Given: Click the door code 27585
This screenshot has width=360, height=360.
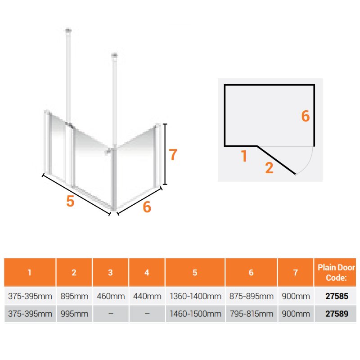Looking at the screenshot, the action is click(337, 296).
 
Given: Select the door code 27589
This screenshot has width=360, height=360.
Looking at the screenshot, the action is click(337, 314).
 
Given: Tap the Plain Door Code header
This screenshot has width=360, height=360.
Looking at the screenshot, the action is click(336, 273).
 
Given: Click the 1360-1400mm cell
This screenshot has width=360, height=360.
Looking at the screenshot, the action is click(195, 296).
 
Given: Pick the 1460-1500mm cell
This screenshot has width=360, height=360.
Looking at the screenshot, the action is click(195, 314).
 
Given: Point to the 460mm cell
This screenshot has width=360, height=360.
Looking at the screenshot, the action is click(111, 296).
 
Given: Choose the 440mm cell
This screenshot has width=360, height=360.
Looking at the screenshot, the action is click(147, 296).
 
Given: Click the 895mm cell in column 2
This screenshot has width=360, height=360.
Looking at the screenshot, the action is click(74, 296).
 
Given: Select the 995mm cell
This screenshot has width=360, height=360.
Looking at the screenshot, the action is click(74, 314).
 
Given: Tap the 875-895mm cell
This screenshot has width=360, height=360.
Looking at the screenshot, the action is click(252, 296).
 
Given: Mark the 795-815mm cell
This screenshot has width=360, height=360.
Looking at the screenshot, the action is click(252, 314).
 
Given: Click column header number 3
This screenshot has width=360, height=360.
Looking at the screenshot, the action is click(110, 273).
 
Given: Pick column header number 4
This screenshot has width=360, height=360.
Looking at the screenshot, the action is click(147, 273).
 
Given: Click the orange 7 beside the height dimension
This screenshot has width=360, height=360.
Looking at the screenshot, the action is click(173, 154).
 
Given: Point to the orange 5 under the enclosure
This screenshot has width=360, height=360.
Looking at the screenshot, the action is click(70, 201).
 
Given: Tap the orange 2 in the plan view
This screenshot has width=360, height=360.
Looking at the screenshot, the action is click(269, 168).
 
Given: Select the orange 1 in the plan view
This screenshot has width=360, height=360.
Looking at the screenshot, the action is click(244, 156).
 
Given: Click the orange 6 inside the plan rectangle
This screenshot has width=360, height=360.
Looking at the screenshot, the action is click(306, 116).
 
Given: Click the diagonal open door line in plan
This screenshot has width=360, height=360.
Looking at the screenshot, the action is click(276, 160).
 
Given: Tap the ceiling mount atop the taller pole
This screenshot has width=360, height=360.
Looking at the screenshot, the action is click(68, 30).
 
